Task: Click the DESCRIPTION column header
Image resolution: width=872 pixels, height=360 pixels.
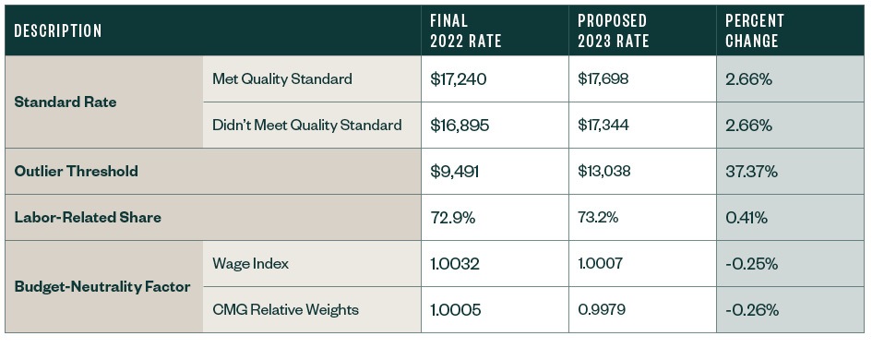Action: [x=57, y=31]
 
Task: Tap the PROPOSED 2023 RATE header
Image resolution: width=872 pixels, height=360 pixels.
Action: [x=612, y=31]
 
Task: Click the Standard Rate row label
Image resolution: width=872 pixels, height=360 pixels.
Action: [x=66, y=102]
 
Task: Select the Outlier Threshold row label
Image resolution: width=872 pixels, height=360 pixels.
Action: [x=76, y=172]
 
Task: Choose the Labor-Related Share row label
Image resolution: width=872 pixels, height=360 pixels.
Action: [x=88, y=218]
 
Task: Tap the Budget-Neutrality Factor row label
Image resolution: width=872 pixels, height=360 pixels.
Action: [x=102, y=287]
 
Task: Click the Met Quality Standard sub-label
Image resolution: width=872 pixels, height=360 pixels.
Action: [x=281, y=79]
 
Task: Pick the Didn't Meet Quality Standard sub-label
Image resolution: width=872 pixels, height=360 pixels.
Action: [x=306, y=126]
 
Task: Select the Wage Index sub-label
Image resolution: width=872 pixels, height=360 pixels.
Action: [x=250, y=264]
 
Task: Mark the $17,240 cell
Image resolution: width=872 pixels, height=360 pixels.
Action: [x=458, y=79]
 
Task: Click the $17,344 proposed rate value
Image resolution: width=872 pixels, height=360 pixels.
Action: [x=603, y=126]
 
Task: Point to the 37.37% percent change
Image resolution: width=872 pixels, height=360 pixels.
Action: [x=752, y=172]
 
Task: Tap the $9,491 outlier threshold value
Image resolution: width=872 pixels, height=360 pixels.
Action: [x=454, y=172]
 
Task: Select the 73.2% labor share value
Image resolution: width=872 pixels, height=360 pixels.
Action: [x=598, y=218]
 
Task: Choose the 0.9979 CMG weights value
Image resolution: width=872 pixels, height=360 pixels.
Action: [x=601, y=310]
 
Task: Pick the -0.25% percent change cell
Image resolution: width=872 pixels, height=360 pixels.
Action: [x=751, y=264]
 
